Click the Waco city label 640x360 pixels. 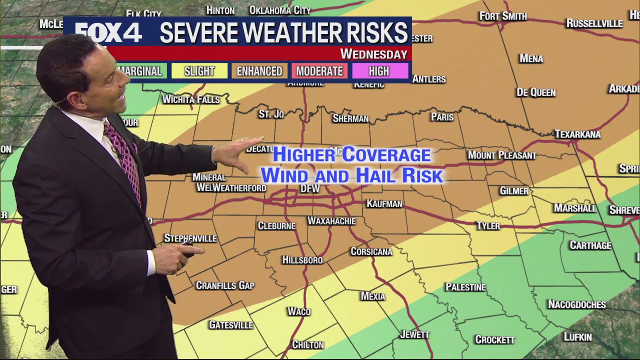299,311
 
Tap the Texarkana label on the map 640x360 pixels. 577,134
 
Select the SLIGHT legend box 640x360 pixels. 199,71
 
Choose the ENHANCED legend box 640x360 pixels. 259,71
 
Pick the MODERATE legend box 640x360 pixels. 319,71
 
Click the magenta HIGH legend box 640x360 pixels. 379,71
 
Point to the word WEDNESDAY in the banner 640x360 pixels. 373,54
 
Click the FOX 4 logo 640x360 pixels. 109,33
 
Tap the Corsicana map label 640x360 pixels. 371,251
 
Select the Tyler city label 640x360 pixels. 488,225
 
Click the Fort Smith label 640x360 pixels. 503,16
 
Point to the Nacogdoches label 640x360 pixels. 576,304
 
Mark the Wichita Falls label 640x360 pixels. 191,99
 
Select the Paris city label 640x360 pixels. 442,117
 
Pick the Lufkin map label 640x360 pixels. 577,337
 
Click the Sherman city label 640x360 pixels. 350,118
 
